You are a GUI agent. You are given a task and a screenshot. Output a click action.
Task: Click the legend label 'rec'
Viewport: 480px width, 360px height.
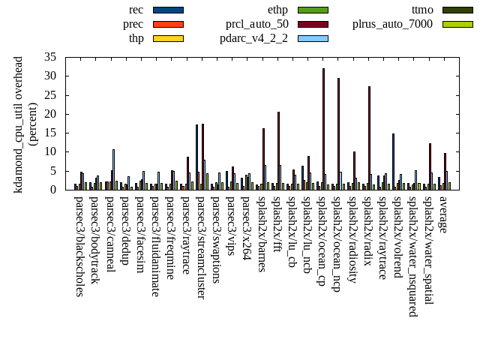(136, 10)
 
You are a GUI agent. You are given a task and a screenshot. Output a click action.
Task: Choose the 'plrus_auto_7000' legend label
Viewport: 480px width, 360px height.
(392, 24)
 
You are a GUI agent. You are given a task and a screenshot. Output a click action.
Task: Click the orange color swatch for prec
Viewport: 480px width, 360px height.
(168, 24)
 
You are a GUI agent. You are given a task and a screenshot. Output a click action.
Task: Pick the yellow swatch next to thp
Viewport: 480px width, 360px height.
(168, 38)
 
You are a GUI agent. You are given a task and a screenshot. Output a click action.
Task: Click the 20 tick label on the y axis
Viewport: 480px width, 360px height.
(50, 114)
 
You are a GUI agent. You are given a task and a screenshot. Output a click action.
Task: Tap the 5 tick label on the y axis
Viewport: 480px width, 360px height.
(53, 171)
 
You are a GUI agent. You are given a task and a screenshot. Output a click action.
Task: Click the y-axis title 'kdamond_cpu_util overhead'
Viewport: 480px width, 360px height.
(19, 124)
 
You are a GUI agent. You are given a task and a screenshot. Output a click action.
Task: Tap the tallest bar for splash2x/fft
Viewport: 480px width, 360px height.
(278, 150)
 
